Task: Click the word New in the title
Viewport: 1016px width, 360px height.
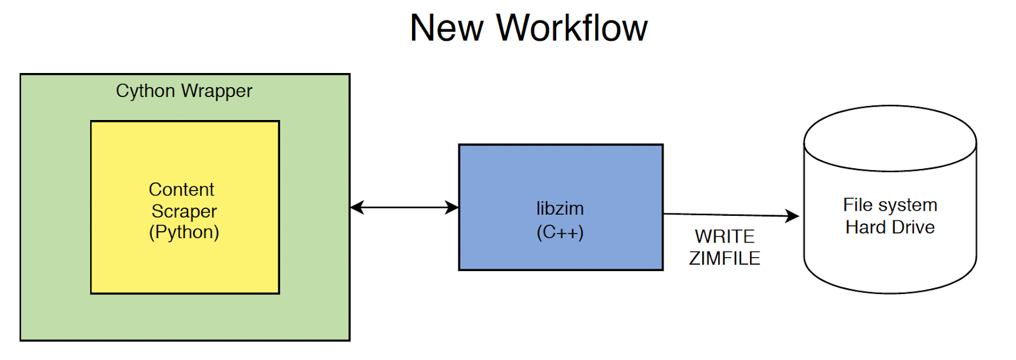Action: point(446,29)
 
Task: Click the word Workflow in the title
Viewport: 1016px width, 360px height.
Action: point(571,29)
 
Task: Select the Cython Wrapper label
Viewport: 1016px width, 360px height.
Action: point(184,91)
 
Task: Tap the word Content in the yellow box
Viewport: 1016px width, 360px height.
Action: point(182,189)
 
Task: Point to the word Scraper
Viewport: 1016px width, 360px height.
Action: point(184,211)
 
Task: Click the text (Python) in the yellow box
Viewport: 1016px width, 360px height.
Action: point(184,232)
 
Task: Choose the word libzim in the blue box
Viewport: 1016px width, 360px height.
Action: point(560,208)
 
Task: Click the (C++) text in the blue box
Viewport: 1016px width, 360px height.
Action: point(560,232)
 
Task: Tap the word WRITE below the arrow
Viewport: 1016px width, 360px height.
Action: point(725,236)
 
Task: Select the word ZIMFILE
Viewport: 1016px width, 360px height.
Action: point(725,258)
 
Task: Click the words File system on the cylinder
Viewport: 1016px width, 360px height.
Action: point(890,205)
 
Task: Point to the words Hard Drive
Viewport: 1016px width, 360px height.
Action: point(890,227)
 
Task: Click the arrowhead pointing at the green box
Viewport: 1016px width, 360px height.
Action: point(356,207)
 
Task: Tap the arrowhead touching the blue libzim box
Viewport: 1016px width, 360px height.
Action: point(452,207)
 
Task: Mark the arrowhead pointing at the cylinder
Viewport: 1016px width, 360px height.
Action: point(792,216)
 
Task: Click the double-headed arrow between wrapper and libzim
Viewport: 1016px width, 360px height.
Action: point(404,207)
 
